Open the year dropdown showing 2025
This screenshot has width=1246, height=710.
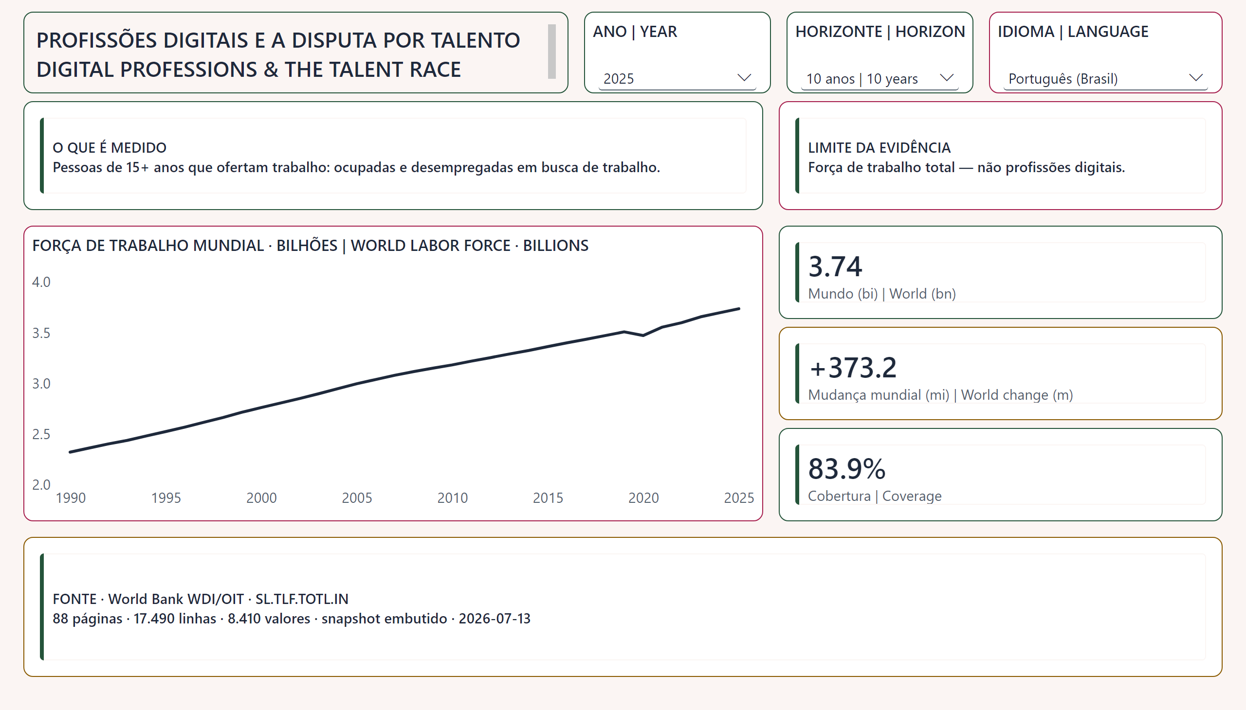tap(677, 78)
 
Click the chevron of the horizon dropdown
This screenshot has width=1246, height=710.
tap(946, 77)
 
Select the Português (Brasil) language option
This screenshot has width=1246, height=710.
tap(1063, 78)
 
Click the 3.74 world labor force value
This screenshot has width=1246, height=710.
tap(835, 266)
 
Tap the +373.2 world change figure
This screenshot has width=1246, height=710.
tap(853, 367)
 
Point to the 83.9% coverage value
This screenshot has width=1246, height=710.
tap(847, 469)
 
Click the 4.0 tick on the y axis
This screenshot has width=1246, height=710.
tap(41, 282)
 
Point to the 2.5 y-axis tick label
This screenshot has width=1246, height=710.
tap(41, 434)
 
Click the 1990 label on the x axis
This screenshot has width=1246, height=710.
tap(71, 497)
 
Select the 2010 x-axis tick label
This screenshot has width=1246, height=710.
tap(453, 497)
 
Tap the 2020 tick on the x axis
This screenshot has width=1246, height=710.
tap(643, 497)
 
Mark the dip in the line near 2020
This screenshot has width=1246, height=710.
tap(643, 335)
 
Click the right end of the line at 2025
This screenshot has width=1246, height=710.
tap(739, 309)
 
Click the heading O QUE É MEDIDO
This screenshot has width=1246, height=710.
tap(110, 147)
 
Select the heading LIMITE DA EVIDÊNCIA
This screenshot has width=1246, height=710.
tap(879, 147)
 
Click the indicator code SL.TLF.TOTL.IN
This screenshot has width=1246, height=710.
tap(302, 599)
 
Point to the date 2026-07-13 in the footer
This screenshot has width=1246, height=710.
tap(495, 618)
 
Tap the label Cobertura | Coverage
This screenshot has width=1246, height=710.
tap(875, 496)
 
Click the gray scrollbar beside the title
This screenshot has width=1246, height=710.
tap(552, 52)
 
